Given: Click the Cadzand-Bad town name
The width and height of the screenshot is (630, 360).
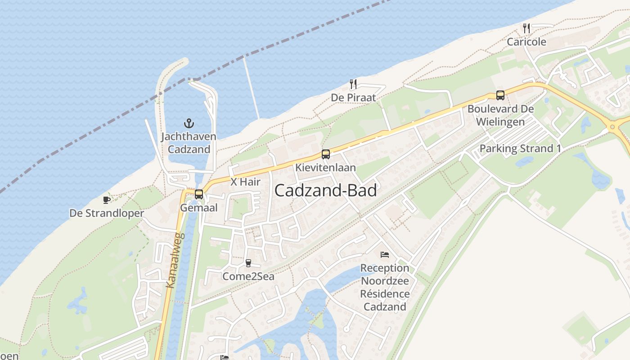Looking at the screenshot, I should tap(325, 191).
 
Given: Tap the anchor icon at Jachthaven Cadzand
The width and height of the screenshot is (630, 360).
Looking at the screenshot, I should tap(189, 123).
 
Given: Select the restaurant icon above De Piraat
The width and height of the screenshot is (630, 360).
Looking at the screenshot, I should tap(353, 84).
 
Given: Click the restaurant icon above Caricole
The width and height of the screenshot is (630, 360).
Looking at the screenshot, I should tap(526, 28).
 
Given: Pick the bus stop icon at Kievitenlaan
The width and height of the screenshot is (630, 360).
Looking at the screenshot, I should tap(326, 154).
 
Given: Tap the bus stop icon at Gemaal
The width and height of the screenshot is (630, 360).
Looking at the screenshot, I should tap(198, 194).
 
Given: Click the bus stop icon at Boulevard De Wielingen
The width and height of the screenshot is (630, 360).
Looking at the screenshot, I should tap(500, 95).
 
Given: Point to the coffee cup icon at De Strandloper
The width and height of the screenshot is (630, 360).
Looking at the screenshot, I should tap(106, 200).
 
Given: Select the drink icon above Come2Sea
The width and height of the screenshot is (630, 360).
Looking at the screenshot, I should tap(248, 263).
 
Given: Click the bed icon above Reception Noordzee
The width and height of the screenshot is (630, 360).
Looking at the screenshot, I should tap(385, 255).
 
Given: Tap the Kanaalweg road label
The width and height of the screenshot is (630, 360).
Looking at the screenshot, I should tap(175, 260).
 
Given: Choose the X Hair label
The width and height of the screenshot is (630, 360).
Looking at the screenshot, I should tap(245, 182).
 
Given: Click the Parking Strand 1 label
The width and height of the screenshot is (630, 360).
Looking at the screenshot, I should tap(520, 148).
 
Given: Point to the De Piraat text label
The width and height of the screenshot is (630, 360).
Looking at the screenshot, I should tap(353, 97).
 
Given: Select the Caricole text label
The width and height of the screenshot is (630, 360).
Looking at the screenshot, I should tap(526, 42).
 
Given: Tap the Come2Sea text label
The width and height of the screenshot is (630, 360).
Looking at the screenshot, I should tap(248, 276).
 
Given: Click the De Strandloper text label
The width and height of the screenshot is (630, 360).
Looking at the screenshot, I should tap(107, 213).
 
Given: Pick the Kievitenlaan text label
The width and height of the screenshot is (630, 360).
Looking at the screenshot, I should tap(325, 167).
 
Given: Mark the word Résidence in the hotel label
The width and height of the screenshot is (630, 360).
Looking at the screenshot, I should tap(385, 294).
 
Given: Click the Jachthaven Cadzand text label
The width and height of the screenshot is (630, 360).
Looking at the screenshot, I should tap(189, 143).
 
